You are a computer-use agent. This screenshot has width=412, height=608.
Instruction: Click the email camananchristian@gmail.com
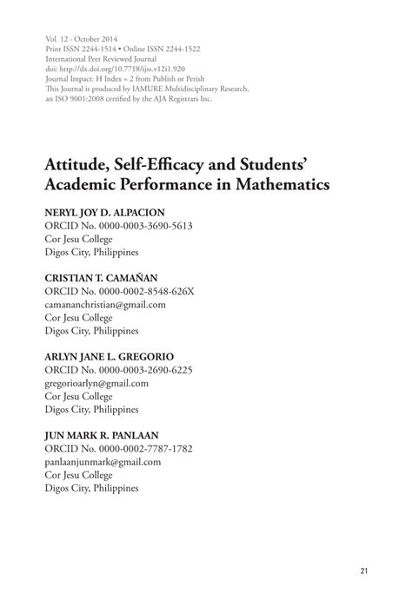[104, 305]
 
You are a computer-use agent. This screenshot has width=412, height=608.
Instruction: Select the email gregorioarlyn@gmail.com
[96, 383]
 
